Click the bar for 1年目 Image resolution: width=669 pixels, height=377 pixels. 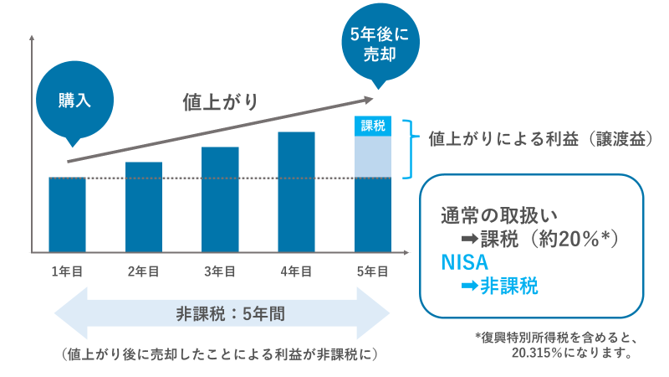click(68, 214)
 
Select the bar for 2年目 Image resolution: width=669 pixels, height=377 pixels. click(144, 207)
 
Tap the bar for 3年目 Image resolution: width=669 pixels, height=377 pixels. click(220, 199)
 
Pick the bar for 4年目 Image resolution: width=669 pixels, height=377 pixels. click(296, 192)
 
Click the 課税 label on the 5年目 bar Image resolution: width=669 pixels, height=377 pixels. click(373, 127)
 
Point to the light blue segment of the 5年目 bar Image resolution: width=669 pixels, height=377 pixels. click(373, 157)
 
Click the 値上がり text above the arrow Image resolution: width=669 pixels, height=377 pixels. click(220, 101)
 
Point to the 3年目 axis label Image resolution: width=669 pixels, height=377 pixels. click(220, 271)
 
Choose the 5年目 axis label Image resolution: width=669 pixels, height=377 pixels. click(373, 271)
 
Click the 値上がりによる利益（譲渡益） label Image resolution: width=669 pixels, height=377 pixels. click(539, 138)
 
